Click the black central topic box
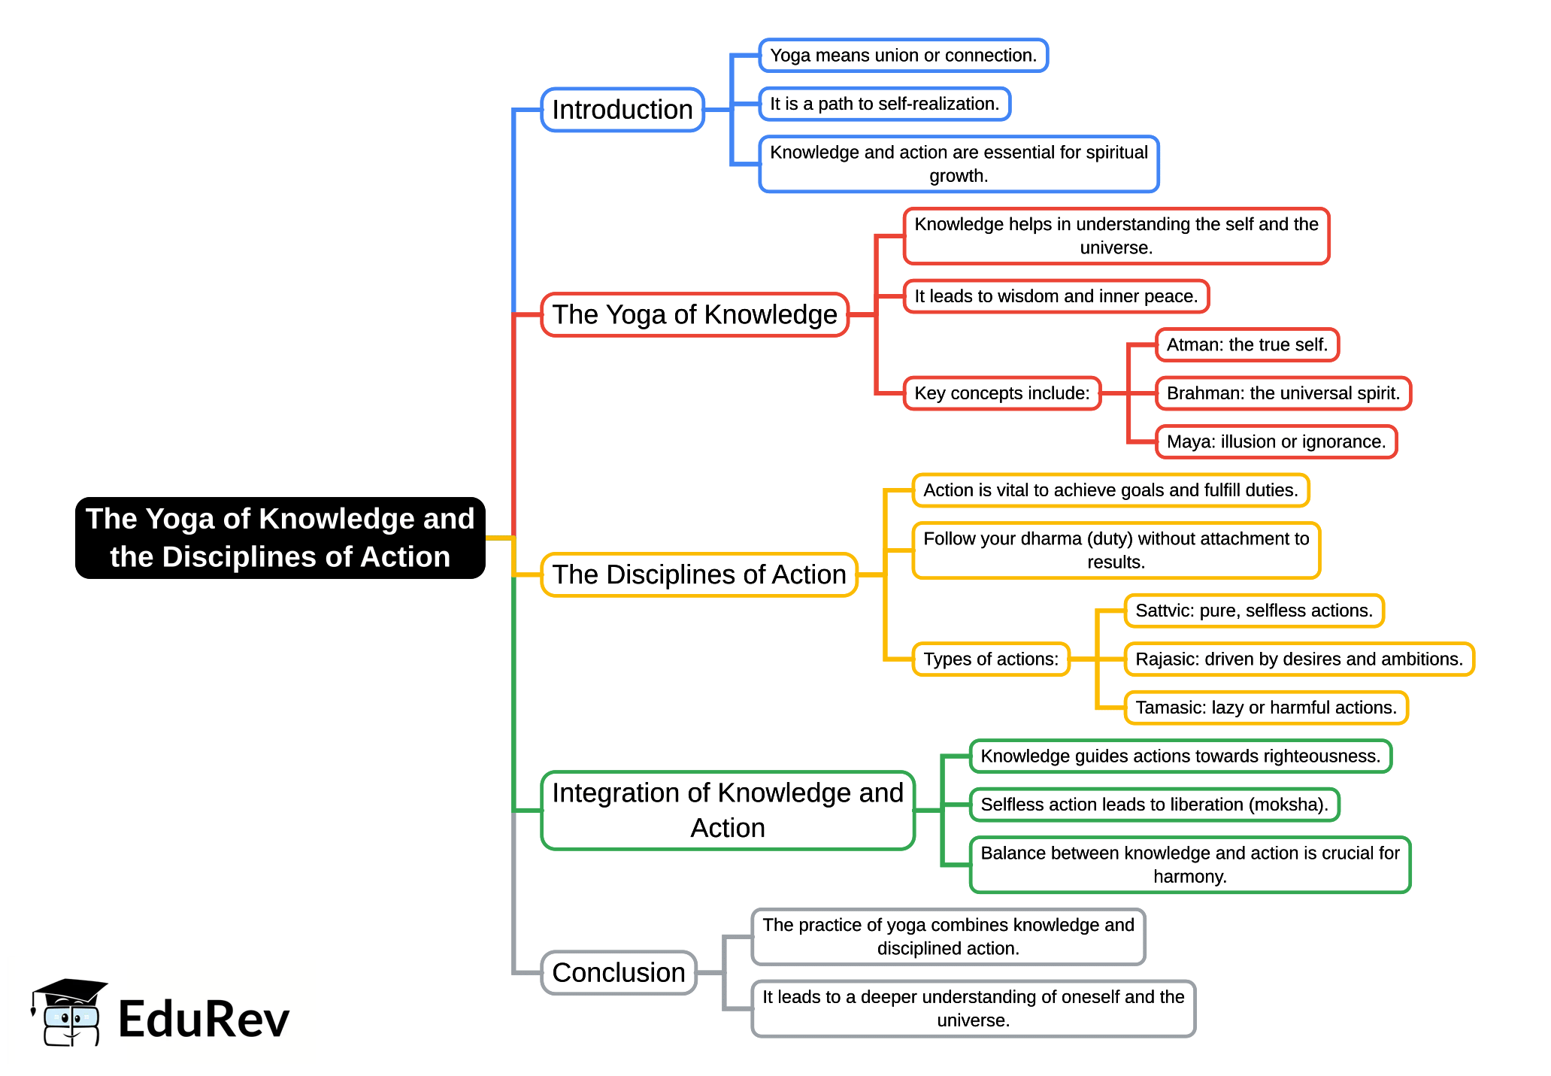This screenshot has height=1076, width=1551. pyautogui.click(x=280, y=538)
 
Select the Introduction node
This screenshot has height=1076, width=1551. pyautogui.click(x=622, y=110)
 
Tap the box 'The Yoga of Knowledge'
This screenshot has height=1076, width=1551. pyautogui.click(x=694, y=314)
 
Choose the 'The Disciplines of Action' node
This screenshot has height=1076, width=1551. pyautogui.click(x=698, y=574)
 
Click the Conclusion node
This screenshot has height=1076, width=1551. pyautogui.click(x=618, y=972)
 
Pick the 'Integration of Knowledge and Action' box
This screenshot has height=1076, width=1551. pyautogui.click(x=727, y=810)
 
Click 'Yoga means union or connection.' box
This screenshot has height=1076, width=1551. pyautogui.click(x=903, y=56)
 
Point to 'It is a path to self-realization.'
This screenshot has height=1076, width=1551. pyautogui.click(x=884, y=104)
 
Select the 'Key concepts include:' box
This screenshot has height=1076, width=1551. pyautogui.click(x=1001, y=393)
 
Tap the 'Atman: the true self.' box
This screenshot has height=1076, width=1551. pyautogui.click(x=1247, y=345)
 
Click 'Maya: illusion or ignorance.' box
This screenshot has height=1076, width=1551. pyautogui.click(x=1276, y=441)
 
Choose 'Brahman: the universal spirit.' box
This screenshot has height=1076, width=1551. pyautogui.click(x=1283, y=393)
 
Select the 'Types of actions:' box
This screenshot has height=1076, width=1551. pyautogui.click(x=990, y=659)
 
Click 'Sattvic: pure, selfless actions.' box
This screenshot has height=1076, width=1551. pyautogui.click(x=1253, y=611)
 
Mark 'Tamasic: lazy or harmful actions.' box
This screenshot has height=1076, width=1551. pyautogui.click(x=1265, y=708)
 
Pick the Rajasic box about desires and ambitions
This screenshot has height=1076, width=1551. pyautogui.click(x=1298, y=659)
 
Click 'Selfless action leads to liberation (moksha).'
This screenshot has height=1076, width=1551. pyautogui.click(x=1154, y=805)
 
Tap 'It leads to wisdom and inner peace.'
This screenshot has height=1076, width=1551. pyautogui.click(x=1056, y=296)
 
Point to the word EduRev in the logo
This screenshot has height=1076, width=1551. pyautogui.click(x=204, y=1020)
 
